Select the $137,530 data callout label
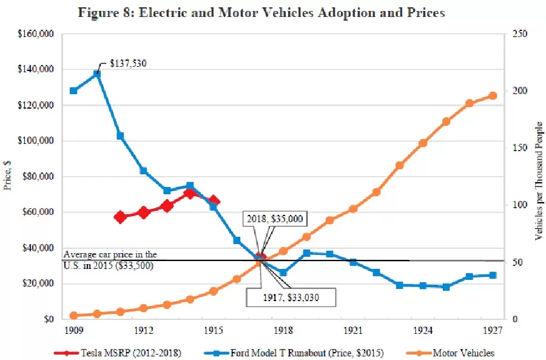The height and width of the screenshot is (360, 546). [128, 63]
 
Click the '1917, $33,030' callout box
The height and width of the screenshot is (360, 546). [291, 297]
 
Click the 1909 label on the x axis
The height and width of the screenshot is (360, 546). [73, 331]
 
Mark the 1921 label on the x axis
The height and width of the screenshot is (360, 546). [353, 331]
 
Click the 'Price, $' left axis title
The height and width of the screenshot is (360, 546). [8, 176]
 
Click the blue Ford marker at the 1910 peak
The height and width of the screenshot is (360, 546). [96, 74]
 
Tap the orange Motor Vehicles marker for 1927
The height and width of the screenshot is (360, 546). [493, 95]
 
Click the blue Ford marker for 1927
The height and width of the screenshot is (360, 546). [493, 275]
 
